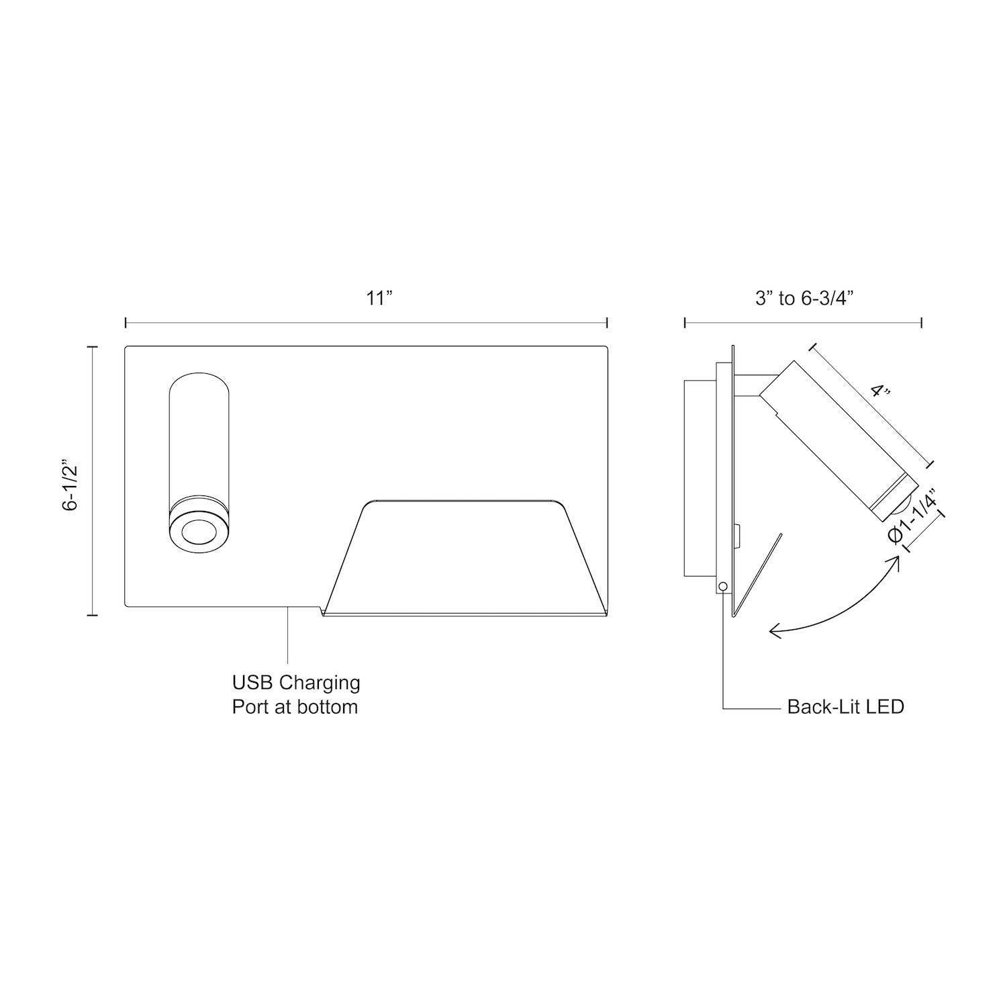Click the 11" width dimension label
click(379, 298)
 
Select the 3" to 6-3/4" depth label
click(803, 298)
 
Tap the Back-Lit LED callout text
click(845, 707)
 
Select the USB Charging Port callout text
click(296, 695)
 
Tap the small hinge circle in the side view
click(722, 586)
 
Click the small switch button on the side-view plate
click(738, 536)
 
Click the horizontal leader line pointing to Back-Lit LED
click(752, 708)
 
